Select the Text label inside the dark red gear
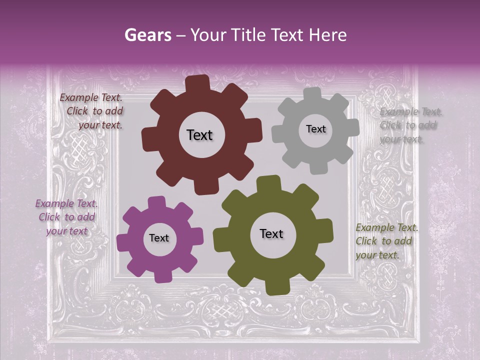(199, 135)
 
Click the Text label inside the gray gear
(315, 129)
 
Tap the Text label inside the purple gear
(159, 238)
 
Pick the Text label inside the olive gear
(271, 233)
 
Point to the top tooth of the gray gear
(313, 93)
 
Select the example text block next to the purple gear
(67, 217)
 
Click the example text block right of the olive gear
(386, 241)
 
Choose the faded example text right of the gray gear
(410, 125)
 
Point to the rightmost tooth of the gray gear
(353, 127)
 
